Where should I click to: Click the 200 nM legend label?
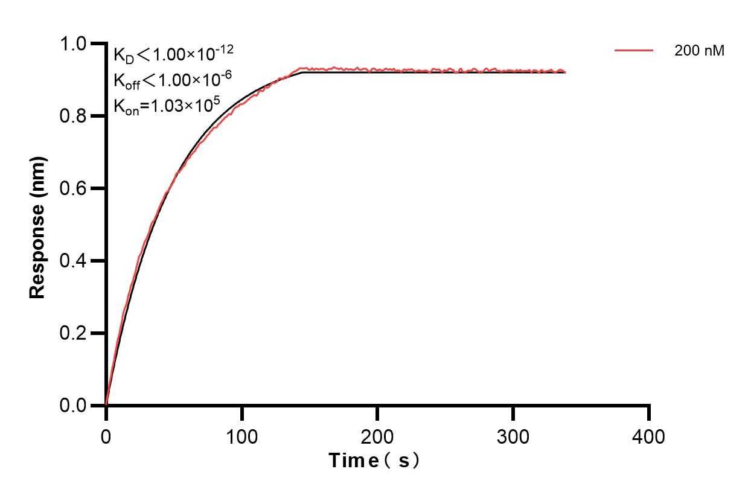pos(699,51)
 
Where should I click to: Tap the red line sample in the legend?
pos(634,51)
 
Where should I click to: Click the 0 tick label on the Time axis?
pos(106,436)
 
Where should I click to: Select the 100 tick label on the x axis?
pos(241,436)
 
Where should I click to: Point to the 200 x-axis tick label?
pos(377,436)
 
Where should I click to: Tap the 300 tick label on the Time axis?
pos(513,436)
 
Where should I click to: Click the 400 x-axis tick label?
pos(649,436)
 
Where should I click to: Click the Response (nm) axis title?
pos(38,226)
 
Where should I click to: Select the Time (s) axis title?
pos(374,461)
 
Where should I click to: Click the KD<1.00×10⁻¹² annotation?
pos(174,54)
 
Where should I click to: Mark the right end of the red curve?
pos(565,71)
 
